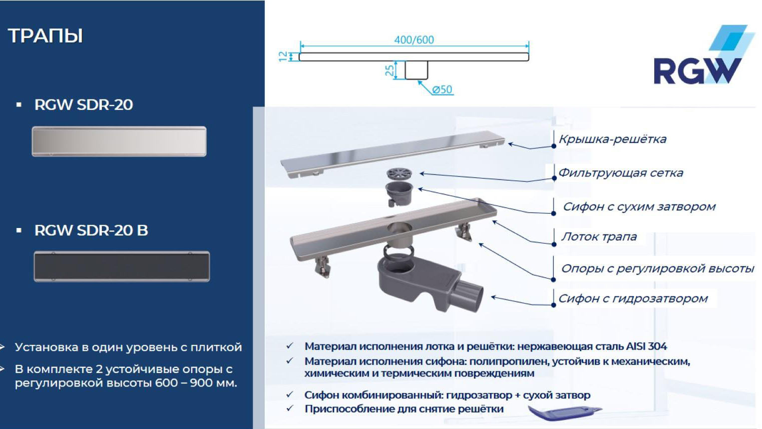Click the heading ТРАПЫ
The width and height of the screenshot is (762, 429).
tap(45, 36)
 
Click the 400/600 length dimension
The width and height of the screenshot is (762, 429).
tap(414, 40)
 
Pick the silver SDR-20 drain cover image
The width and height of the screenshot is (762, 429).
tap(119, 141)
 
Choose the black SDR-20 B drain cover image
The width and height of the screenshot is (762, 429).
tap(122, 266)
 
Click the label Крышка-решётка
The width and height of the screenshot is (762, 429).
tap(613, 139)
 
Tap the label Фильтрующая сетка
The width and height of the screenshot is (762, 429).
tap(621, 173)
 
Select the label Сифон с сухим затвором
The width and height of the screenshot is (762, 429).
tap(639, 206)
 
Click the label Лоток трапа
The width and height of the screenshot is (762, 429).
tap(599, 236)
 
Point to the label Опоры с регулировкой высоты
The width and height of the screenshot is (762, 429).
tap(658, 268)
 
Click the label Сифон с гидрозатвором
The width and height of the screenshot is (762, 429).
tap(633, 298)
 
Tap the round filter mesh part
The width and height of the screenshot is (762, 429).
tap(399, 173)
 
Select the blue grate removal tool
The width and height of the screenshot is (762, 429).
tap(565, 412)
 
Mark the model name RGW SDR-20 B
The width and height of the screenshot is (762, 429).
tap(91, 230)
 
